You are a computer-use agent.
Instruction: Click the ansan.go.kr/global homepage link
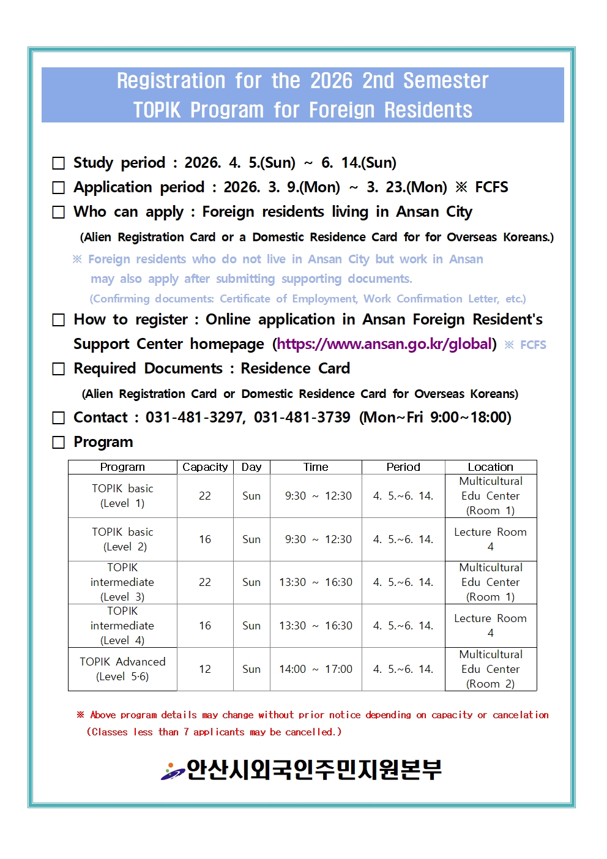385,344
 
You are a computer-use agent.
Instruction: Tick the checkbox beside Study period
59,163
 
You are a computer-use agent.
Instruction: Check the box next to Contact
59,418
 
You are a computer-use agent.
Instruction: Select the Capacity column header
205,467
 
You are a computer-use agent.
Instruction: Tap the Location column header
490,467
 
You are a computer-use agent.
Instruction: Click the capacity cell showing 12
205,669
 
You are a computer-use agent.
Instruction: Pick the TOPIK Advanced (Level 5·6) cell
122,669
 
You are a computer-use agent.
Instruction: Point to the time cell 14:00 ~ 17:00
316,669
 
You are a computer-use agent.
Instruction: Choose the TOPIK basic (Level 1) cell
122,496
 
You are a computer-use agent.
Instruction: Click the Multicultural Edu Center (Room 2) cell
490,669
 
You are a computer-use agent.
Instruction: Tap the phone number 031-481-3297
195,418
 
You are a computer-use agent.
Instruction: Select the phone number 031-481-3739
302,418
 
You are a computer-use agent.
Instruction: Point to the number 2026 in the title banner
332,81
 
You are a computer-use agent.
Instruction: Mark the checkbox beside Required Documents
59,369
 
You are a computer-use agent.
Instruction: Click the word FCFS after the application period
491,187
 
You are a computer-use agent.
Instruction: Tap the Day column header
251,467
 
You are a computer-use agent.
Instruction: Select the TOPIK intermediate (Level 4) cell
122,626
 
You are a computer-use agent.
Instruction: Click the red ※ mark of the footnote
80,715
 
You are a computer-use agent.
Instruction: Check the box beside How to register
59,320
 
